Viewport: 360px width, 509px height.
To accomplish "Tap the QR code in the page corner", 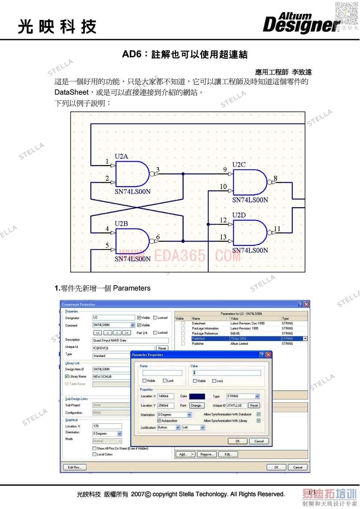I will (346, 13).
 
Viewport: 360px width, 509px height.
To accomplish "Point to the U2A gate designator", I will (122, 156).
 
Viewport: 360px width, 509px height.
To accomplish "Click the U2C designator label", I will (239, 165).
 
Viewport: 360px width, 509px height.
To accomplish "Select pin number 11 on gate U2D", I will (277, 229).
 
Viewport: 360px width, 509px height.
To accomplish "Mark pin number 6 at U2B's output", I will (158, 237).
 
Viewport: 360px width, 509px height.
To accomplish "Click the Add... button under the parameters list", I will (183, 454).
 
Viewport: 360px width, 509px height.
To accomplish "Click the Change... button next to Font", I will (196, 406).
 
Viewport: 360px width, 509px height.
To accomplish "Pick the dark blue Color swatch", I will (197, 397).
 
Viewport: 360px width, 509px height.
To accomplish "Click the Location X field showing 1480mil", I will (165, 397).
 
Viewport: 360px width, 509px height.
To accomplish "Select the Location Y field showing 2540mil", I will (165, 406).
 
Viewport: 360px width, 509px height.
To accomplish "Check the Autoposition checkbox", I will (159, 421).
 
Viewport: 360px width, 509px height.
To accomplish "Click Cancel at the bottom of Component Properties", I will (298, 467).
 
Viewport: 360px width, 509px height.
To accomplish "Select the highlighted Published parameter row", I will (240, 338).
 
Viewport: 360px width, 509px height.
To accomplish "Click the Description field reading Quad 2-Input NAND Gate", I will (130, 340).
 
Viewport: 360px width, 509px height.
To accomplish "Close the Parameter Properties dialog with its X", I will (269, 355).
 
